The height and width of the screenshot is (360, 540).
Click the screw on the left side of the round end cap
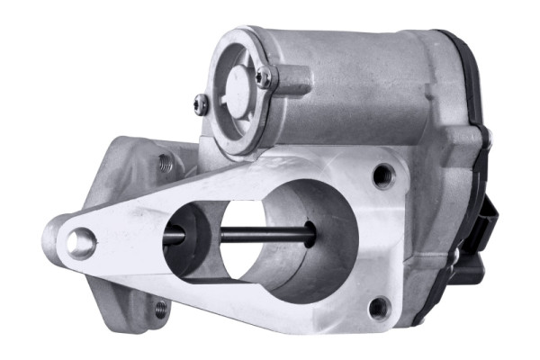(x=202, y=104)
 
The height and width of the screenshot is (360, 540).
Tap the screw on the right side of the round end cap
(x=264, y=78)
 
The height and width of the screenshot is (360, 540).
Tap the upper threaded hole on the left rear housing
(x=166, y=163)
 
